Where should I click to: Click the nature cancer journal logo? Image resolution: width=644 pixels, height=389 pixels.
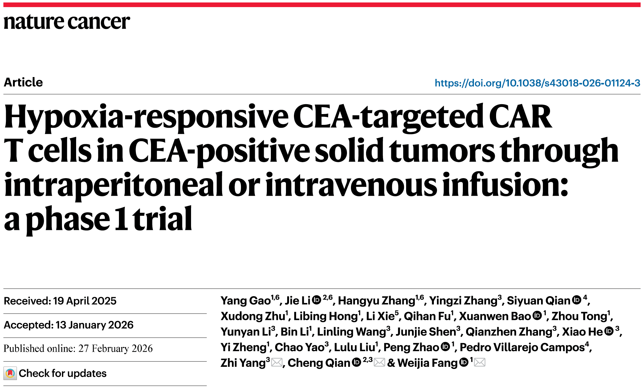[67, 22]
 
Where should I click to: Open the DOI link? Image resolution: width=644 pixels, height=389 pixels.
[537, 83]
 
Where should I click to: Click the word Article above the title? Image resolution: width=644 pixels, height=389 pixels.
[23, 82]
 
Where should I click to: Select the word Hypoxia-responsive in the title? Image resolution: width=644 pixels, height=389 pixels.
[146, 117]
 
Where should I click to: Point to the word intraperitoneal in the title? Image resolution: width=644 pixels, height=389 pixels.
[113, 185]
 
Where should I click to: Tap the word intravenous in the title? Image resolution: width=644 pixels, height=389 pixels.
[351, 185]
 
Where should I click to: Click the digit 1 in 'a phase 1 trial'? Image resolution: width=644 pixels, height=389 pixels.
[121, 219]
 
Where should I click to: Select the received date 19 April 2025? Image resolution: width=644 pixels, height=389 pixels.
[85, 301]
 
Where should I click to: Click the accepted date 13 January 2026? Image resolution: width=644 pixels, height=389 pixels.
[94, 325]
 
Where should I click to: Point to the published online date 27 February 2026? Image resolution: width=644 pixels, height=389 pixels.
[116, 349]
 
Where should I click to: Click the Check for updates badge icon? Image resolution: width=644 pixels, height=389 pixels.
[10, 373]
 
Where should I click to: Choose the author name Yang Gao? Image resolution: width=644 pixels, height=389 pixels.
[245, 301]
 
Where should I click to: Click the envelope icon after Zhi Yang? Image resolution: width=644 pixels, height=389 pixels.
[277, 363]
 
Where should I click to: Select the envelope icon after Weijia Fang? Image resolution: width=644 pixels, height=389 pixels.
[480, 363]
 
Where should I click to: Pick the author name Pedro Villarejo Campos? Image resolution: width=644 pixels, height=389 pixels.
[522, 347]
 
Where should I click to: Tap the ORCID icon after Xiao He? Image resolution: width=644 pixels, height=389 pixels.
[609, 331]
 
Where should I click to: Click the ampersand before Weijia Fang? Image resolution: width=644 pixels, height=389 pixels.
[391, 363]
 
